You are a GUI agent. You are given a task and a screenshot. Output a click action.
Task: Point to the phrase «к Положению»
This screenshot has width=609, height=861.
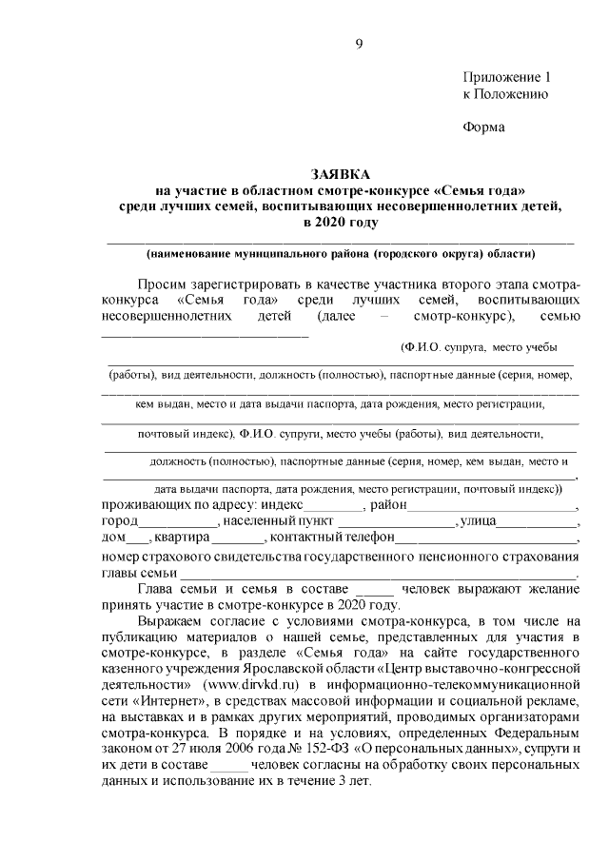click(x=504, y=94)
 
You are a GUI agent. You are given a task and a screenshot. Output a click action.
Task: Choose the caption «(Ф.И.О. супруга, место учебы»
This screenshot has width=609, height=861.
click(x=479, y=347)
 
